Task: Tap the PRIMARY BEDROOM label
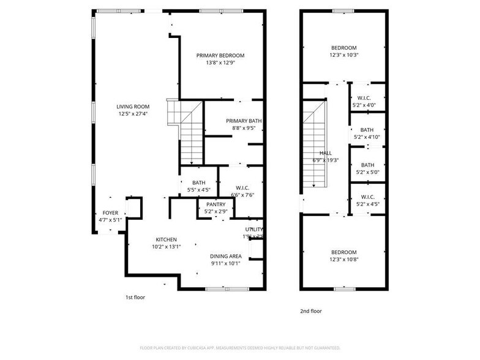click(x=220, y=56)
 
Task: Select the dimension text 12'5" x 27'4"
click(x=133, y=113)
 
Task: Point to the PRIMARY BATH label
click(x=243, y=121)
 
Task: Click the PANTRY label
click(x=216, y=204)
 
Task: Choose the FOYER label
click(x=110, y=213)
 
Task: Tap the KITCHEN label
click(x=166, y=239)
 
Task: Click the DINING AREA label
click(x=226, y=256)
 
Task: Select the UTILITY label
click(x=254, y=229)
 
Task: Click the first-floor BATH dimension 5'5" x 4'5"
click(x=199, y=190)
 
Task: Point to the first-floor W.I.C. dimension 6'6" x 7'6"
click(x=242, y=195)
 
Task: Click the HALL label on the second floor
click(x=326, y=153)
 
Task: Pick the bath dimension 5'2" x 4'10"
click(x=367, y=137)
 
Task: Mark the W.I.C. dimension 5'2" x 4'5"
click(x=367, y=204)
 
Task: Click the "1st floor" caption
click(x=135, y=297)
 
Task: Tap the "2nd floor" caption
click(x=310, y=311)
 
